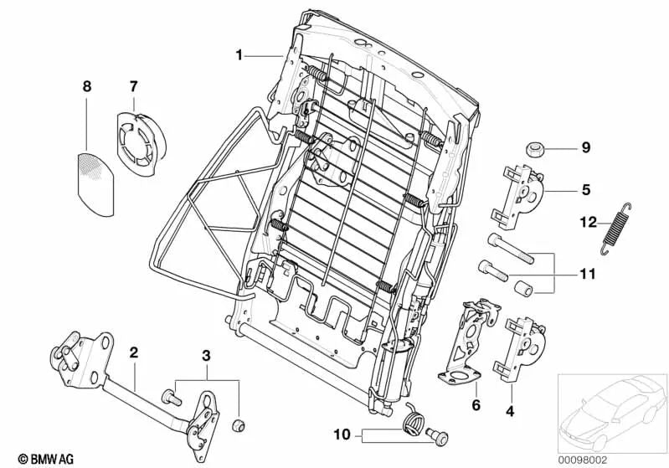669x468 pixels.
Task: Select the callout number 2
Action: point(132,351)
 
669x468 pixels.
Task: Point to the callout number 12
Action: point(585,222)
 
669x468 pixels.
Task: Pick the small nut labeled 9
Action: point(533,149)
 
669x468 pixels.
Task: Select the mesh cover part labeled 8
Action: point(100,172)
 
